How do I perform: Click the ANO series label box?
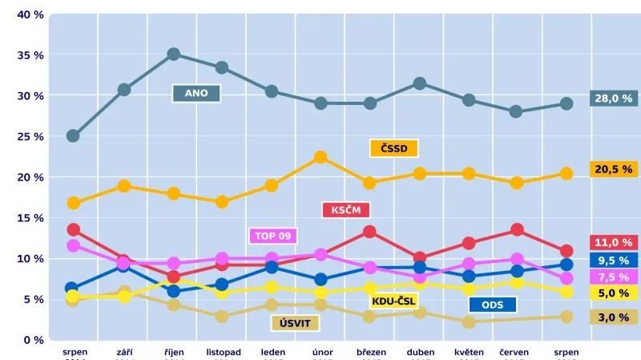[196, 93]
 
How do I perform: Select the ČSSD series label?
[394, 148]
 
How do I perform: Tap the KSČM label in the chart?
[346, 210]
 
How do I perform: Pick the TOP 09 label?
[274, 236]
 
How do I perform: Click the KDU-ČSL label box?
[394, 301]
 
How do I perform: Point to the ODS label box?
[493, 305]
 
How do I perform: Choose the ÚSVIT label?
[296, 323]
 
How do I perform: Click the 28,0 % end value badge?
[614, 99]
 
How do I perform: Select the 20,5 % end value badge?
[614, 169]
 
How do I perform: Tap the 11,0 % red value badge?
[614, 242]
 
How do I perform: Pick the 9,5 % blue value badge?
[614, 260]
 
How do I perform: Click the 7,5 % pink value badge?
[614, 276]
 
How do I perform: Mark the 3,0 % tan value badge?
[614, 317]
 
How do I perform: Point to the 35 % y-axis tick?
[30, 55]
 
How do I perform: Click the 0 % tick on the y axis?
[34, 339]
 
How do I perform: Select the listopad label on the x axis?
[223, 352]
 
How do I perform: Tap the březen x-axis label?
[370, 352]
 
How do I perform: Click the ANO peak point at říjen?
[173, 55]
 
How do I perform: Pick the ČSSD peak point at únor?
[320, 157]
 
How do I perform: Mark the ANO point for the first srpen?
[73, 136]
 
